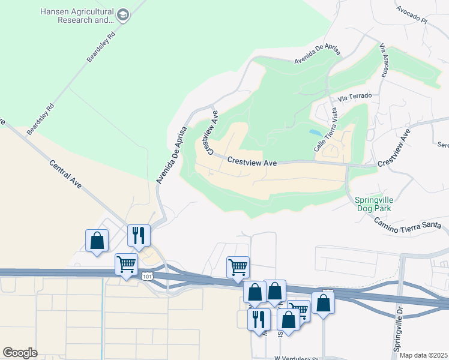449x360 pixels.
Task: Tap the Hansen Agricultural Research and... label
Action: [77, 16]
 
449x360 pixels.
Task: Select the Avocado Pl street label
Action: [411, 15]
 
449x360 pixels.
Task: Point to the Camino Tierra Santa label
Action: [408, 223]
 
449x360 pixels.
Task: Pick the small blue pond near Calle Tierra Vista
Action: [315, 131]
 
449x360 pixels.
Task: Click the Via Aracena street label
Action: [384, 67]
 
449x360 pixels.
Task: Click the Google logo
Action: [20, 353]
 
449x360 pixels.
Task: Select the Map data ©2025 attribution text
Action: [423, 355]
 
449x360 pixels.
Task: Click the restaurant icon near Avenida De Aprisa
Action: [139, 236]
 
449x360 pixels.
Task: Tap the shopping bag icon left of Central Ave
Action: [97, 241]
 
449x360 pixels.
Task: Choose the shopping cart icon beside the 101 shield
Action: [127, 265]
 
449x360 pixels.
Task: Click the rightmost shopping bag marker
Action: [323, 304]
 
